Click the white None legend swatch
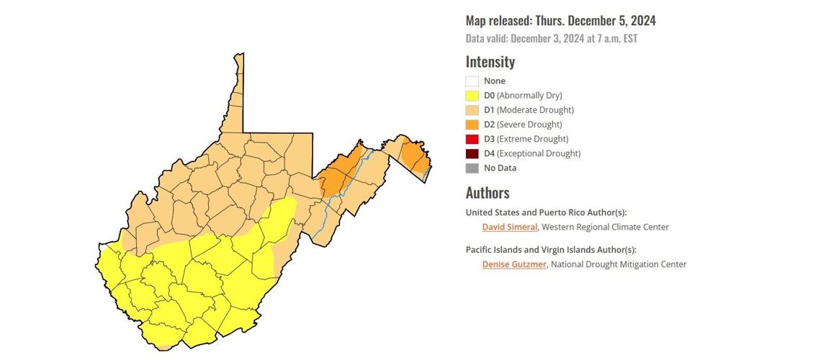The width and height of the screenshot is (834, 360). point(472,81)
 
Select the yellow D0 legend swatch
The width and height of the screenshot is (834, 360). point(472,96)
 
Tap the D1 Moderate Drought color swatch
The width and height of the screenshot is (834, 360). point(472,110)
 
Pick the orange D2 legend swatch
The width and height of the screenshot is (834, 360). point(472,125)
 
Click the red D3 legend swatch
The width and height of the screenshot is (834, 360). point(472,139)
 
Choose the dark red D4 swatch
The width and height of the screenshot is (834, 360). point(472,153)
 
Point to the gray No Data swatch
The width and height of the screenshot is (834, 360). point(472,168)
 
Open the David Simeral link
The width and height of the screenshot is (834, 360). point(509,227)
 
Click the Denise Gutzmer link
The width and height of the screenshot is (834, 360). point(514,264)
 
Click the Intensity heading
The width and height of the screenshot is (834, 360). point(490,62)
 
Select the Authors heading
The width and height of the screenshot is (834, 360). point(487,192)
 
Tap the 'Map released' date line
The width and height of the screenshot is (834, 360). point(560,21)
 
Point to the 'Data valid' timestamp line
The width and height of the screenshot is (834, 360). point(551,38)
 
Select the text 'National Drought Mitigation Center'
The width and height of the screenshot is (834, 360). point(619,264)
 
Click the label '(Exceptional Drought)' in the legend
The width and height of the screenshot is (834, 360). point(538,153)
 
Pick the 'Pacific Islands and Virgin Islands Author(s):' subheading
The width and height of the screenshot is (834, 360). point(551,250)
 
